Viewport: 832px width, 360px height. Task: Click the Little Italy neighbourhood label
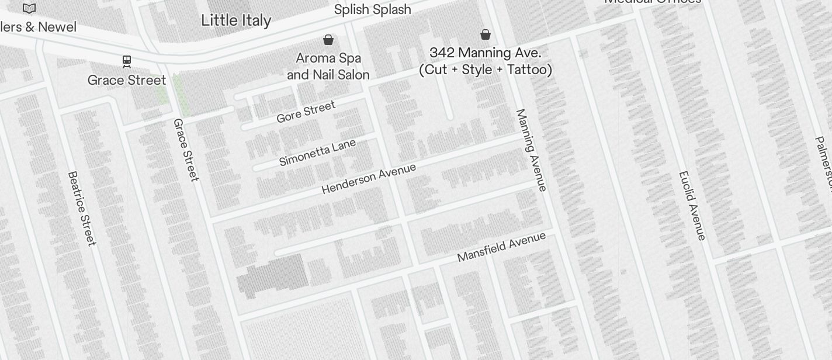236,20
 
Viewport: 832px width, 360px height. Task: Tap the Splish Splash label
372,10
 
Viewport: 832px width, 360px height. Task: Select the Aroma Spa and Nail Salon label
328,66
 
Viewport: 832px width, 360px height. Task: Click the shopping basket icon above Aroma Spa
328,40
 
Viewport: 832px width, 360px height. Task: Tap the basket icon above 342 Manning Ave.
485,34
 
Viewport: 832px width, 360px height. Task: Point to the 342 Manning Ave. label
485,61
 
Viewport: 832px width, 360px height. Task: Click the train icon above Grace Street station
126,61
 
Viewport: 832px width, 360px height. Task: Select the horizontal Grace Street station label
127,80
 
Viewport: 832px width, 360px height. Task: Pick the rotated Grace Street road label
186,150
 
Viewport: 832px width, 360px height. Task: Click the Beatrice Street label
81,208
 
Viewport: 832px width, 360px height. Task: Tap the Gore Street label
306,112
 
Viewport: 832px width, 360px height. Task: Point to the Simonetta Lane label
317,153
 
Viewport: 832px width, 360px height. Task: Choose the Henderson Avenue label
369,178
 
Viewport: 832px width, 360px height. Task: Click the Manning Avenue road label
531,150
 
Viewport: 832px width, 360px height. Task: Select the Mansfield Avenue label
501,247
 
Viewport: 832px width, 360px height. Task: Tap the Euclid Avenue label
692,205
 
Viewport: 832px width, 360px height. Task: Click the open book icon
29,8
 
